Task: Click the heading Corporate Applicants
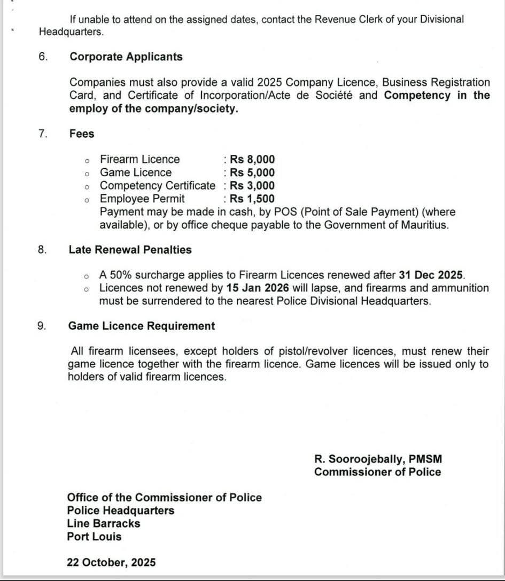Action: [126, 57]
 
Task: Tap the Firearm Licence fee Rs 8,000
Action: [252, 159]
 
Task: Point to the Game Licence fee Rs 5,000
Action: [252, 172]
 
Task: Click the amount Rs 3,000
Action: [252, 186]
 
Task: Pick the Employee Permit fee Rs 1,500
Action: [252, 199]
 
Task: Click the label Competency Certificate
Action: [158, 186]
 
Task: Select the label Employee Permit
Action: [142, 199]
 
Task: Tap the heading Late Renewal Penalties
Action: [130, 249]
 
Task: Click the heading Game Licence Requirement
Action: [142, 326]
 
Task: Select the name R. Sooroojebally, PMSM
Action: [378, 459]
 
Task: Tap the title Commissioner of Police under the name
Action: [378, 472]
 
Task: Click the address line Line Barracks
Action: [104, 523]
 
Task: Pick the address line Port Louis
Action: [94, 536]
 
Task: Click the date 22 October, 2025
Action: [111, 562]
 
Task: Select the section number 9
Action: [42, 326]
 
